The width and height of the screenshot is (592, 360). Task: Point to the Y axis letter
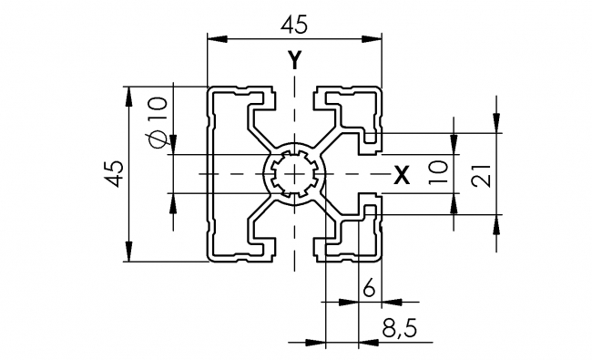tap(294, 61)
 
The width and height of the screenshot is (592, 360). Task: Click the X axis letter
tap(401, 175)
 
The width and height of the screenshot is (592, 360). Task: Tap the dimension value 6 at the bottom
tap(369, 289)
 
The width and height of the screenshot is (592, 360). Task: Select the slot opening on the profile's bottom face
tap(294, 257)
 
